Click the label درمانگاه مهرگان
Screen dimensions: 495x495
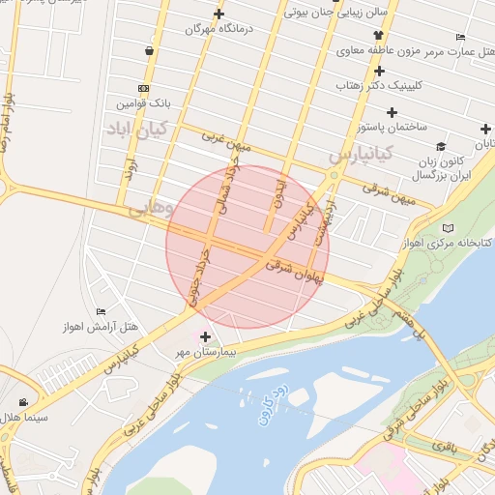coord(218,30)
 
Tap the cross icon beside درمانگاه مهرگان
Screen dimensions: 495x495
coord(219,14)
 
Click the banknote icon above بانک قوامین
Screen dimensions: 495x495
coord(144,88)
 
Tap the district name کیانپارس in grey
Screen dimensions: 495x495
coord(360,153)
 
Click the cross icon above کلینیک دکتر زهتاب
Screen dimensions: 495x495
coord(380,71)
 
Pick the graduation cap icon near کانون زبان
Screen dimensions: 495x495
coord(441,147)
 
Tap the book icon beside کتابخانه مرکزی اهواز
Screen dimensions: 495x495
coord(447,228)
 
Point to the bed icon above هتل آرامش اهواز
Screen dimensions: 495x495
coord(101,311)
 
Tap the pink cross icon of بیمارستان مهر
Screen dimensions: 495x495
coord(204,336)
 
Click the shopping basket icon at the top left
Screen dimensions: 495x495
coord(150,50)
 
